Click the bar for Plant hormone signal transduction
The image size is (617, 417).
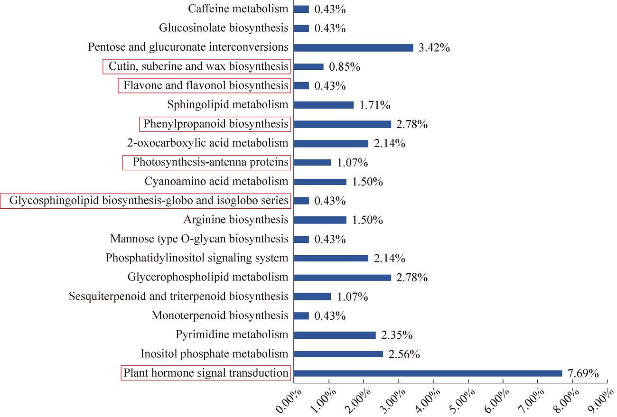click(428, 373)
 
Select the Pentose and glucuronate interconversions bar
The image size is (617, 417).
click(353, 47)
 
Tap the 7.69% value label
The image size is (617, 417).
click(583, 374)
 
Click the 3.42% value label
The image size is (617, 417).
click(434, 48)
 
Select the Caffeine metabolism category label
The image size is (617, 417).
click(238, 9)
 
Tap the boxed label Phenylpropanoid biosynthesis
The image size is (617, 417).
click(216, 124)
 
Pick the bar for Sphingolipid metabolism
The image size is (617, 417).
click(324, 105)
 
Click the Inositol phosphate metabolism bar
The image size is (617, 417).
click(338, 354)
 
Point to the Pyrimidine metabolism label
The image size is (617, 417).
click(232, 334)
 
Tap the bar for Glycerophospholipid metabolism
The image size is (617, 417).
click(342, 278)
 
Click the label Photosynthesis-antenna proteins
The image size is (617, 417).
click(210, 162)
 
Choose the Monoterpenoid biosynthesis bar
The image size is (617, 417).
click(301, 315)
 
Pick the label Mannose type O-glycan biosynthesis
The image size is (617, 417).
click(199, 239)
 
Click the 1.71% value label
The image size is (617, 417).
click(374, 105)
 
